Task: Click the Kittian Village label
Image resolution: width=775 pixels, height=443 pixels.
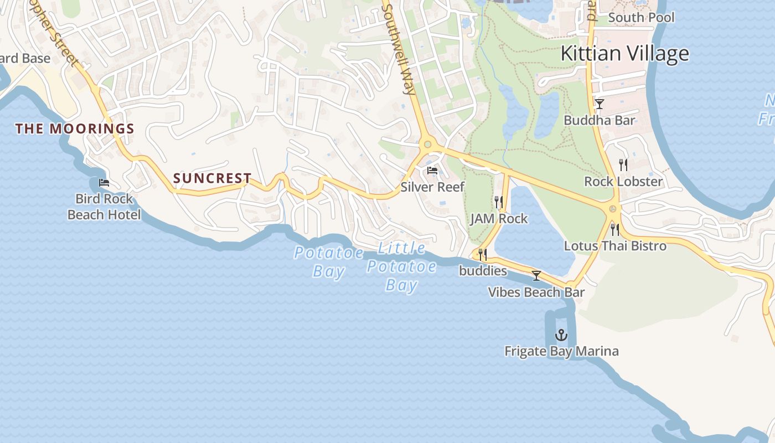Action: click(624, 54)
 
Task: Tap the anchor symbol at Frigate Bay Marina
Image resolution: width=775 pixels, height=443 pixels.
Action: click(561, 334)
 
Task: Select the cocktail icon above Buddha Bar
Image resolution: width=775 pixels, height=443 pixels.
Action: click(599, 104)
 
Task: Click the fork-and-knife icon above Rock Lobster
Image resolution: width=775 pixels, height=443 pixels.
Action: click(623, 164)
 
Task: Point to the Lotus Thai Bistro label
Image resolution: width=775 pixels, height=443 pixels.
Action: click(615, 246)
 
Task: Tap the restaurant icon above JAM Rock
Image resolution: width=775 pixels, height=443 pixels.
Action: click(498, 202)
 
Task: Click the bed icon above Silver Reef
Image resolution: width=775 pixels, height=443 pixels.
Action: click(432, 171)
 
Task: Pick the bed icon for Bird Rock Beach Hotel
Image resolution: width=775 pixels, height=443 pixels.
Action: click(104, 182)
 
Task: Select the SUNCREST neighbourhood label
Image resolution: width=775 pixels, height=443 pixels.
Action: click(213, 178)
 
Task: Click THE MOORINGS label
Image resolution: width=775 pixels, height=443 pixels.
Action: click(75, 129)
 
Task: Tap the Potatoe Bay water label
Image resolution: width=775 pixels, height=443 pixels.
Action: click(329, 262)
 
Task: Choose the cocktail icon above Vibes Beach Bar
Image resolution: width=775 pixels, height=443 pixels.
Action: click(536, 275)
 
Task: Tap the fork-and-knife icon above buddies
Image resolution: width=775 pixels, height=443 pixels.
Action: click(483, 255)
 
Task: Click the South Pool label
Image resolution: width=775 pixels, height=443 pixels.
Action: click(641, 18)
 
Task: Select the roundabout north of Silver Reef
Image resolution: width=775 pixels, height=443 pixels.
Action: click(427, 145)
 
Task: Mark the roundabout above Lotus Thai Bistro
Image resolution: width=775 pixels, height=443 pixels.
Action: click(612, 209)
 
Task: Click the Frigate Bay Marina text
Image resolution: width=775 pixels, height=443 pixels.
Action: click(561, 351)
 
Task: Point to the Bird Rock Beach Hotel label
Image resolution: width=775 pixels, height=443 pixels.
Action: click(104, 207)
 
